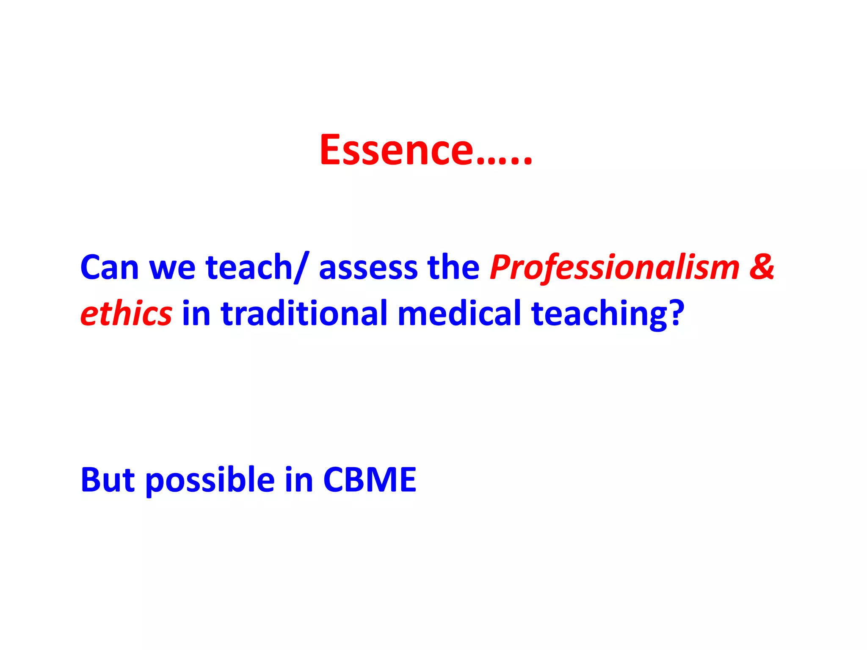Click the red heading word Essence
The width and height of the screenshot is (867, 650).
click(x=396, y=150)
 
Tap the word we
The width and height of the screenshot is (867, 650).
click(x=172, y=268)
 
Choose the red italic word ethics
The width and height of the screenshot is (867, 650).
click(x=126, y=314)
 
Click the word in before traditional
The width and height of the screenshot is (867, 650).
click(x=196, y=314)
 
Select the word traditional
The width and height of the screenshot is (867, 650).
click(x=304, y=314)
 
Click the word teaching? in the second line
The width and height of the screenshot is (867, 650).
click(x=607, y=314)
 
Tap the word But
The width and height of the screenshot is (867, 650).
click(x=108, y=480)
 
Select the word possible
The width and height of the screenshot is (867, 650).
click(x=210, y=481)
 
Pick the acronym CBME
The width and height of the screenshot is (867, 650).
click(x=370, y=480)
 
